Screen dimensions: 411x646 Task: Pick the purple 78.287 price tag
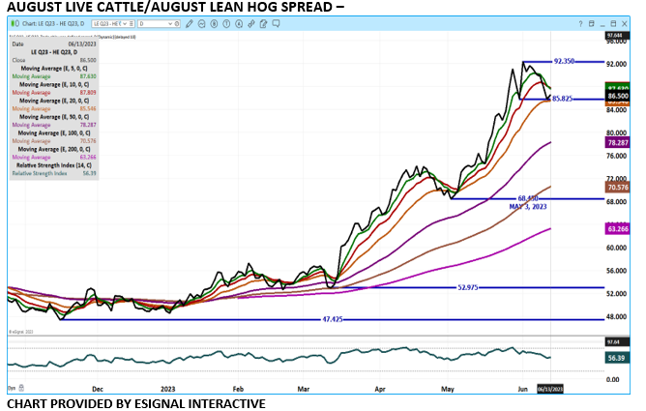[616, 142]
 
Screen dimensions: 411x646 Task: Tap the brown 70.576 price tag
[616, 187]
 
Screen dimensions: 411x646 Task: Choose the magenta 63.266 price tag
[616, 229]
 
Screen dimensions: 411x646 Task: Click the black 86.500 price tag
[616, 97]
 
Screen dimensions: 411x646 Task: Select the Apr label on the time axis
[380, 388]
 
